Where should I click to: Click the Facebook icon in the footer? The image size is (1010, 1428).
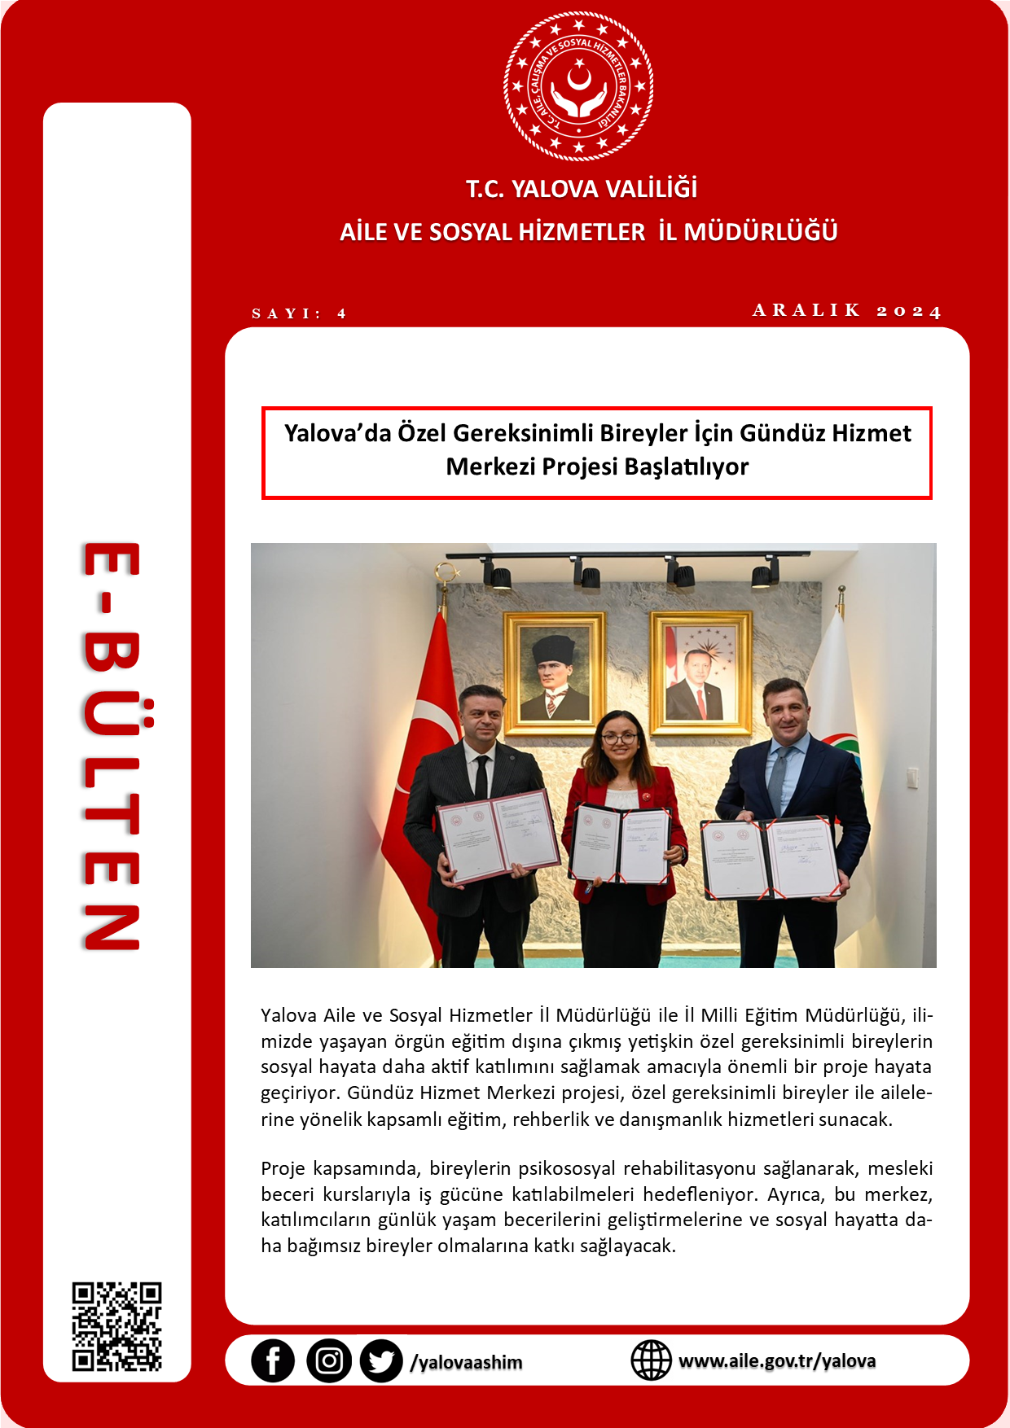[x=272, y=1361]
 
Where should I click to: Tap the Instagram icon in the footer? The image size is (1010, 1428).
[x=329, y=1361]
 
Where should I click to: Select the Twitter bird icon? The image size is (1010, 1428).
[x=381, y=1361]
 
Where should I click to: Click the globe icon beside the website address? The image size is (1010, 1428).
[x=652, y=1360]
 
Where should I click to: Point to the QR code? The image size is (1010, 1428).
[x=116, y=1327]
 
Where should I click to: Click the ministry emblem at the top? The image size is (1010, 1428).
[x=578, y=85]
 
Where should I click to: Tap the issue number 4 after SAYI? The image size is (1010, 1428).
[x=342, y=313]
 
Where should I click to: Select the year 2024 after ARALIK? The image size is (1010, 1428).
[x=909, y=311]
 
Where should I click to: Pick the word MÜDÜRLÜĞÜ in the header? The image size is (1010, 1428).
[x=761, y=232]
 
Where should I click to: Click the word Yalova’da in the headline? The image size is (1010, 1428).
[x=337, y=433]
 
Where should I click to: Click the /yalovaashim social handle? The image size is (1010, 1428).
[x=467, y=1362]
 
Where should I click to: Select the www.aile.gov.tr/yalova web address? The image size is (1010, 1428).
[x=777, y=1361]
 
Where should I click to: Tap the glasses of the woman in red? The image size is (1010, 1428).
[x=619, y=738]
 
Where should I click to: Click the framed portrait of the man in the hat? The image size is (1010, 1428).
[x=555, y=671]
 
